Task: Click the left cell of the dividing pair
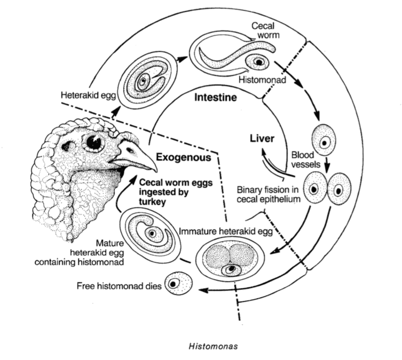[x=316, y=189]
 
